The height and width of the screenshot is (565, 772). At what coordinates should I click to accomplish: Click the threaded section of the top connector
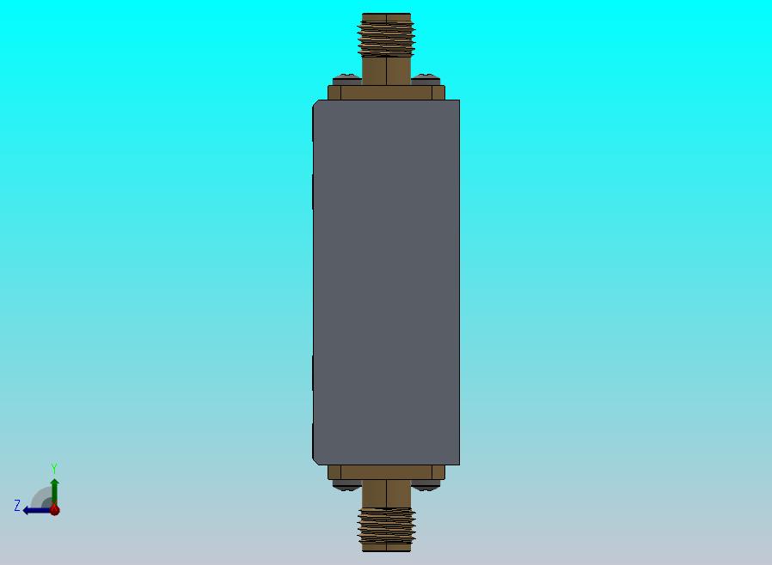[x=387, y=39]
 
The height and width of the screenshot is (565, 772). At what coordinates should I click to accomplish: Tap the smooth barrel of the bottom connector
[x=386, y=493]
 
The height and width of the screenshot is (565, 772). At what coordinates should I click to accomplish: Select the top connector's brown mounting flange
[x=386, y=92]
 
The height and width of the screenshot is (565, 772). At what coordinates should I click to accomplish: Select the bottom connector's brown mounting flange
[x=386, y=472]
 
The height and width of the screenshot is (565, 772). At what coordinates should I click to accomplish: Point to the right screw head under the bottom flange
[x=426, y=485]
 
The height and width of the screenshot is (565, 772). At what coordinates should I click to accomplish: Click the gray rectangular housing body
[x=386, y=283]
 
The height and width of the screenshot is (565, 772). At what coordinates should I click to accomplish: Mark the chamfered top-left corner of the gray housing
[x=316, y=105]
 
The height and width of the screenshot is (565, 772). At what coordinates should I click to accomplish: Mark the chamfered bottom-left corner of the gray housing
[x=316, y=459]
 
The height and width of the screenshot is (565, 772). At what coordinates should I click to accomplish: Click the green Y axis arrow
[x=54, y=489]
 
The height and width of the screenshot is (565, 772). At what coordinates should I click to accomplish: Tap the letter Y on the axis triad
[x=54, y=469]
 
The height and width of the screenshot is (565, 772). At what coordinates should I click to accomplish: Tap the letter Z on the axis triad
[x=16, y=506]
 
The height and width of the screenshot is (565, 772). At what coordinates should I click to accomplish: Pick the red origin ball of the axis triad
[x=55, y=510]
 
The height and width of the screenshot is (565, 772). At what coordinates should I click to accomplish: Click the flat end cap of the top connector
[x=386, y=16]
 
